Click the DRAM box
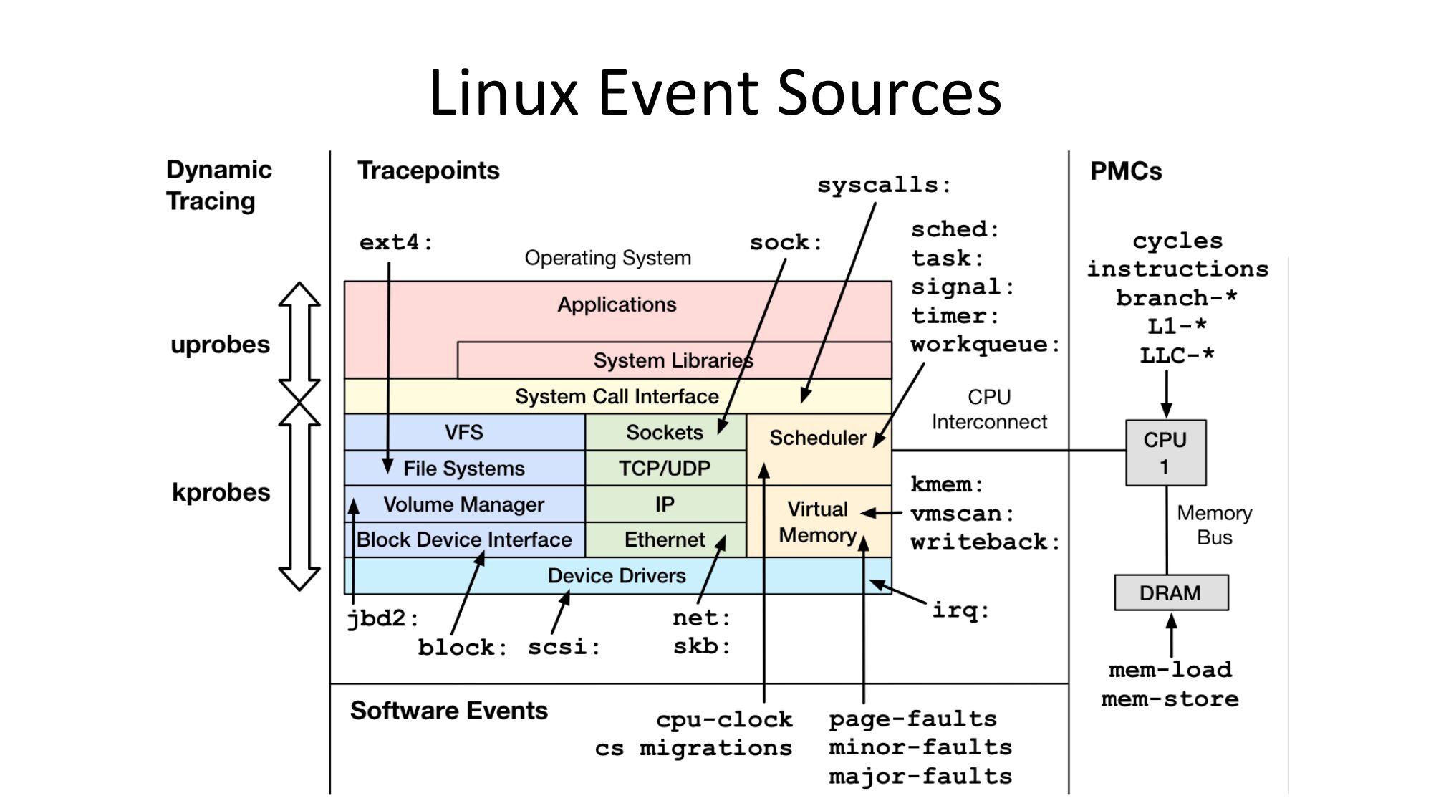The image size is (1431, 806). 1170,592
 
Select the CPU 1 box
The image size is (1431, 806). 1165,453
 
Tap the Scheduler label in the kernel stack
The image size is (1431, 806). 817,438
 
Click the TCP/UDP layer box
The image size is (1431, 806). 665,468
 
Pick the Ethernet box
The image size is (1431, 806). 665,539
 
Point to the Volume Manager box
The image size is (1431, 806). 463,504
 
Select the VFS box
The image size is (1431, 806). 463,432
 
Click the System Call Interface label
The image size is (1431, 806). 617,396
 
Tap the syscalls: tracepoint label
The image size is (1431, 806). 884,186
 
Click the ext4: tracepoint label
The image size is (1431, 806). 395,243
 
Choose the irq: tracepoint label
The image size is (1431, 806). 960,610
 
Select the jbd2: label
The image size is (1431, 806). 382,618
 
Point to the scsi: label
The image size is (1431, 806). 563,647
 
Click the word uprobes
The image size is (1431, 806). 220,345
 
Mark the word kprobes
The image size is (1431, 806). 221,492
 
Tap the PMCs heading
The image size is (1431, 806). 1125,171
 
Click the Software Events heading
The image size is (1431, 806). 448,710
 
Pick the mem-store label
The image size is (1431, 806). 1170,699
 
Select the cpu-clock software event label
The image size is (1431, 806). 724,719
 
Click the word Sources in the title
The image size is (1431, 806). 889,92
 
